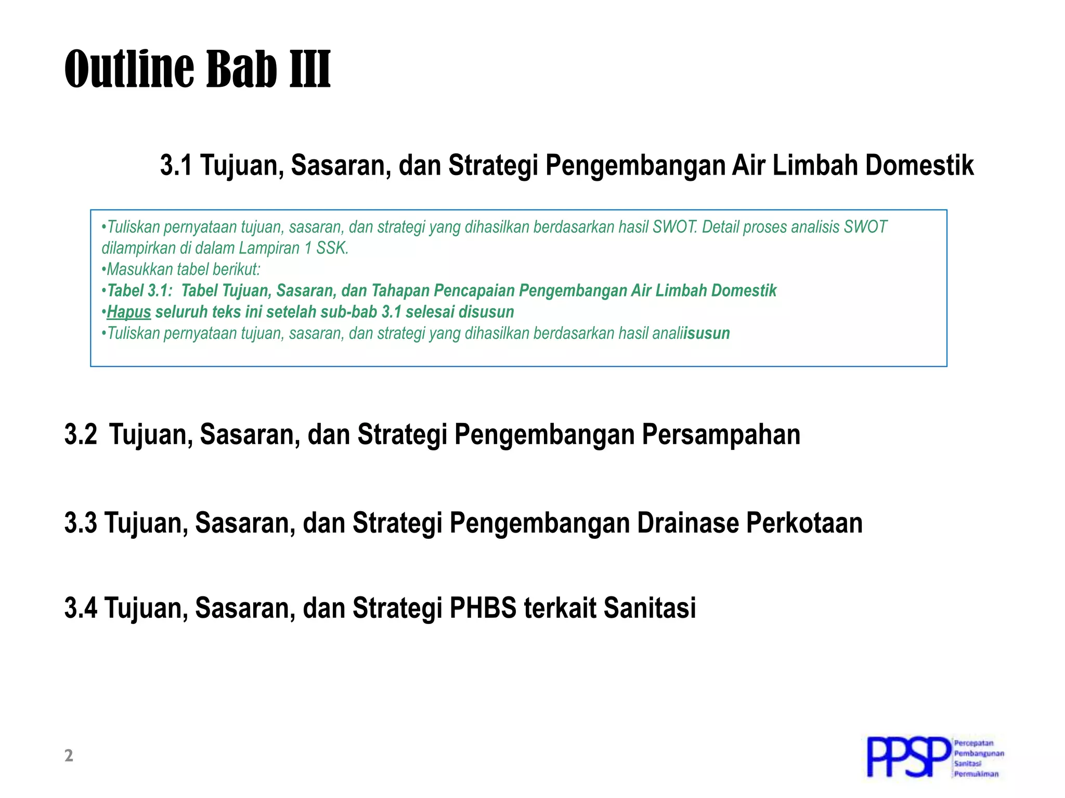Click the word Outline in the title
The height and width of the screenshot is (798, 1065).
point(130,69)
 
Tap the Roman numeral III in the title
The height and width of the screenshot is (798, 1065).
point(310,69)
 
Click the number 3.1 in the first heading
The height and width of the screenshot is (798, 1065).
point(176,166)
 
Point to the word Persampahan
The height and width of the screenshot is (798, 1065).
point(721,435)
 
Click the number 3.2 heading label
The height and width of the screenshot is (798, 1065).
point(81,435)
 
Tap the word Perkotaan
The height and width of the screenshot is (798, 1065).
point(804,523)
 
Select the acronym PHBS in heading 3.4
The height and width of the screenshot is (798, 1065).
point(483,608)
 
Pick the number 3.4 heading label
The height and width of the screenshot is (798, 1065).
point(81,608)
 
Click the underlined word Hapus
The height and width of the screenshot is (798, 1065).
point(129,312)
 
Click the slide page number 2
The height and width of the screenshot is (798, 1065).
point(69,756)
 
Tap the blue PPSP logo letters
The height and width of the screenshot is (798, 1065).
point(908,758)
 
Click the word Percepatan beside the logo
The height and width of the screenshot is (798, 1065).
point(973,743)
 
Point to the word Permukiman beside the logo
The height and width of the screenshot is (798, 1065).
point(976,774)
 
